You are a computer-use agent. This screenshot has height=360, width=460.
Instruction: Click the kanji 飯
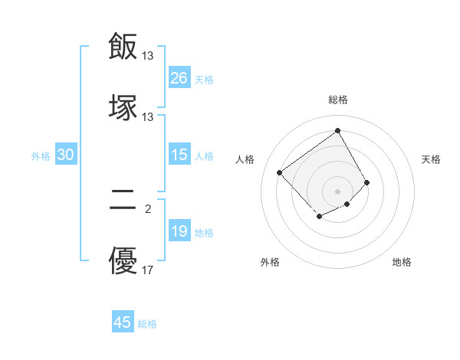tap(123, 46)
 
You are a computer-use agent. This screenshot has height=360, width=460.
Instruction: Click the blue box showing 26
tap(179, 78)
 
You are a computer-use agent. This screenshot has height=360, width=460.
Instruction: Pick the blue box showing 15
tap(179, 155)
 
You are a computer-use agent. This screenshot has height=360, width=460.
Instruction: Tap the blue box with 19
tap(179, 231)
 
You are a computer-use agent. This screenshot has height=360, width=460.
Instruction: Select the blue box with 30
tap(66, 155)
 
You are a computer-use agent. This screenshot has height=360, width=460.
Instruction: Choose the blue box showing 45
tap(123, 322)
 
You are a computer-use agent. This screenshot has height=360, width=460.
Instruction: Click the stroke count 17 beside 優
tap(148, 270)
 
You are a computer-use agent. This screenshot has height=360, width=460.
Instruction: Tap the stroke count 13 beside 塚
tap(148, 117)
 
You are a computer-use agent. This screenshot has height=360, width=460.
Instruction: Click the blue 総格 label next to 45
tap(147, 324)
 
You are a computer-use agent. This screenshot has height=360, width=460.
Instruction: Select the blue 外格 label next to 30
tap(41, 156)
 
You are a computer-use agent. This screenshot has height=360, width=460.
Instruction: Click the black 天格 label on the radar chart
tap(432, 159)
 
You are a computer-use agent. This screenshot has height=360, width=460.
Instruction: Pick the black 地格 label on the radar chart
tap(402, 263)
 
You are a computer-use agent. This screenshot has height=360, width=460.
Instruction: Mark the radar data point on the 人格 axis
tap(280, 173)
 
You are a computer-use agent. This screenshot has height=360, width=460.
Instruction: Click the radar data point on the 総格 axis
tap(337, 130)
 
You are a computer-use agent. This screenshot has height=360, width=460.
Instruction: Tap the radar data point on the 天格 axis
tap(367, 182)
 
